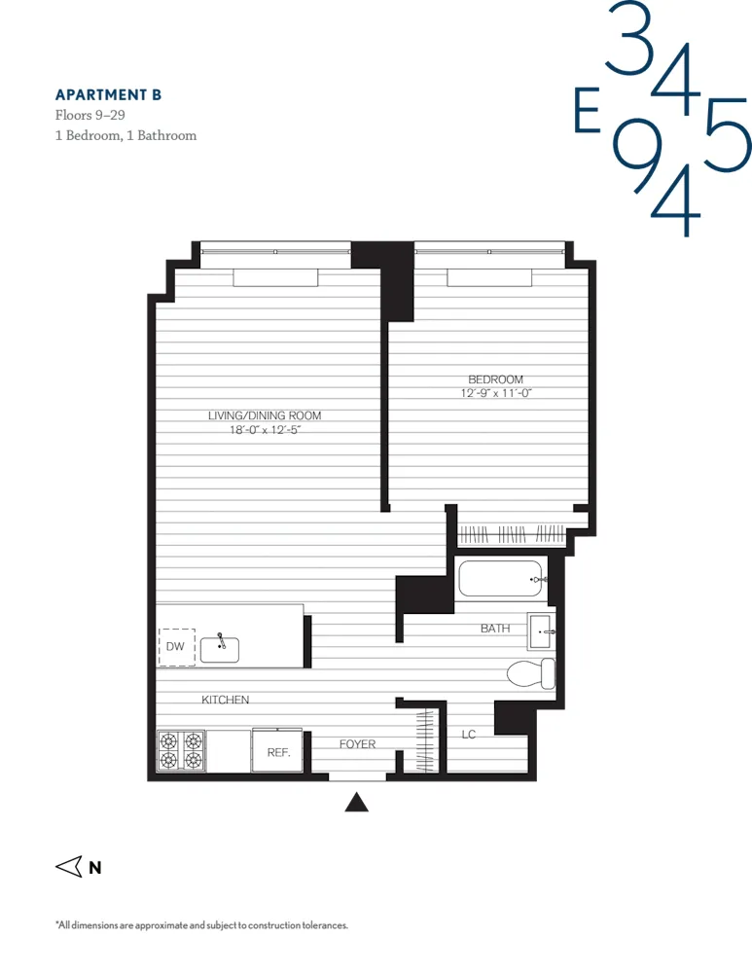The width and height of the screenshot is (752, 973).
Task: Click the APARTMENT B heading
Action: tap(108, 94)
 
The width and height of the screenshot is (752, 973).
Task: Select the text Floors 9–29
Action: tap(89, 115)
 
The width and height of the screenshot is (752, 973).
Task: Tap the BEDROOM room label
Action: tap(495, 379)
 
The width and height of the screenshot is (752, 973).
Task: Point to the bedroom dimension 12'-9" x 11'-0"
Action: tap(496, 394)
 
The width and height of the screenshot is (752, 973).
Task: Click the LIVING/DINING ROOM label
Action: tap(264, 415)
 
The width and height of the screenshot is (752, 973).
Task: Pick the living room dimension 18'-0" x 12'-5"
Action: tap(264, 430)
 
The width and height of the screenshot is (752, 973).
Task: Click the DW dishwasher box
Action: tap(176, 647)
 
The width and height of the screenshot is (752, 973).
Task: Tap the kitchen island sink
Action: tap(220, 649)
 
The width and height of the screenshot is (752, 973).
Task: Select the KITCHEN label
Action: tap(226, 700)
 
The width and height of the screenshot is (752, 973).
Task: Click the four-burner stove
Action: tap(181, 750)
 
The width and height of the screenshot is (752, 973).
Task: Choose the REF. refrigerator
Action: tap(277, 751)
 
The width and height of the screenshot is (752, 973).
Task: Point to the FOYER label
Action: tap(357, 744)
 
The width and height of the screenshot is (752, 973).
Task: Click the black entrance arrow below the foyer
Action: tap(358, 803)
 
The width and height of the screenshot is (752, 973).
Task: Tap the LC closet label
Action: tap(469, 735)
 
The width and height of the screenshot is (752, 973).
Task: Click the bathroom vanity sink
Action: tap(541, 631)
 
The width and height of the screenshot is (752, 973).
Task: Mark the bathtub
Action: tap(501, 579)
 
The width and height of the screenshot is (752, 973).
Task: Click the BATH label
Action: tap(495, 629)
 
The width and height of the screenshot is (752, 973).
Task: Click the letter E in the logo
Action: tap(587, 114)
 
